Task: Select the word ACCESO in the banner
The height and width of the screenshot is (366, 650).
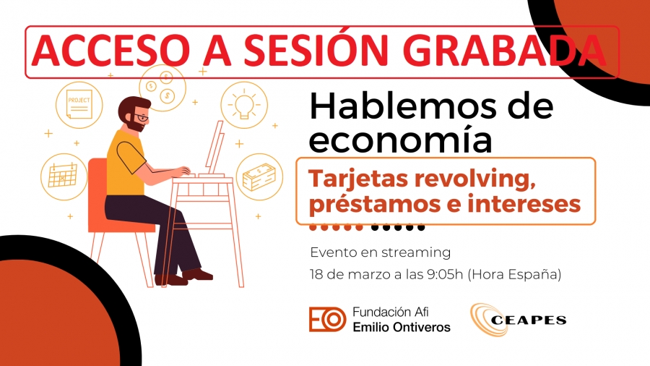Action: click(x=108, y=51)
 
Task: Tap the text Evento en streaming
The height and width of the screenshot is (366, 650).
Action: click(x=380, y=252)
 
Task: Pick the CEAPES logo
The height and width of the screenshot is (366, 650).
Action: click(x=518, y=320)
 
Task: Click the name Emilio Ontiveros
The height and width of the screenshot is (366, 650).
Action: click(x=402, y=327)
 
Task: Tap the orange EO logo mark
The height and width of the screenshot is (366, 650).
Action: click(x=327, y=320)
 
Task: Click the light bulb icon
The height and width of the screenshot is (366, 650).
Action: click(x=244, y=105)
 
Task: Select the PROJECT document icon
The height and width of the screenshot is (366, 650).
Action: click(x=79, y=105)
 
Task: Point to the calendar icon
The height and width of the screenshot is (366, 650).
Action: click(x=64, y=176)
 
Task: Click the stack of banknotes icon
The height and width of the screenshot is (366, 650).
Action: click(x=259, y=176)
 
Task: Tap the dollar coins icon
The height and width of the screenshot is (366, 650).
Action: click(x=162, y=88)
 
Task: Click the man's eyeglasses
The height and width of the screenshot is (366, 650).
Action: click(x=142, y=117)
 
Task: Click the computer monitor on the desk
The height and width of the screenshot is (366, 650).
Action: click(x=215, y=148)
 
